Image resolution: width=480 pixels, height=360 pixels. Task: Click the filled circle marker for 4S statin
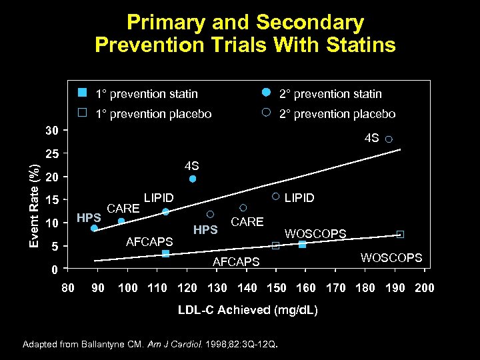(x=193, y=179)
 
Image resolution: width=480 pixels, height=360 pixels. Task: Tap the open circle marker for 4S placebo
(x=389, y=139)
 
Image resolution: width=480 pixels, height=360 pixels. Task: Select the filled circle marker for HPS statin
(x=94, y=228)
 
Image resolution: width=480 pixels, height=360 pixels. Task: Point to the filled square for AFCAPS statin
(x=165, y=253)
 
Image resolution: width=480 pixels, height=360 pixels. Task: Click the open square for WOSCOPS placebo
(x=400, y=234)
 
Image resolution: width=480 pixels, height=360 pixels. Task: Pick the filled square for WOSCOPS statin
(x=302, y=244)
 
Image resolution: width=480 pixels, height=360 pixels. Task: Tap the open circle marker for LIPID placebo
(x=275, y=197)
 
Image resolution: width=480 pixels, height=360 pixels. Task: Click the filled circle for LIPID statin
(x=165, y=212)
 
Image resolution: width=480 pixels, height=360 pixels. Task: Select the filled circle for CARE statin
(x=121, y=221)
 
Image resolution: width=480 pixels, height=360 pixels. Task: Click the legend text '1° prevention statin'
(x=146, y=94)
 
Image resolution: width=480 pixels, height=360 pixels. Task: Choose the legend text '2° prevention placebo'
(x=337, y=114)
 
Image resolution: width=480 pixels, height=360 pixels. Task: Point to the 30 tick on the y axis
(x=53, y=130)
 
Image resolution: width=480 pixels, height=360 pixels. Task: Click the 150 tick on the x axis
(x=276, y=288)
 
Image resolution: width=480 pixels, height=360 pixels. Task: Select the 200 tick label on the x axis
(x=424, y=288)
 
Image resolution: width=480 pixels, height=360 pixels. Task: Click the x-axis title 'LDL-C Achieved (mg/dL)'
(x=248, y=311)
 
